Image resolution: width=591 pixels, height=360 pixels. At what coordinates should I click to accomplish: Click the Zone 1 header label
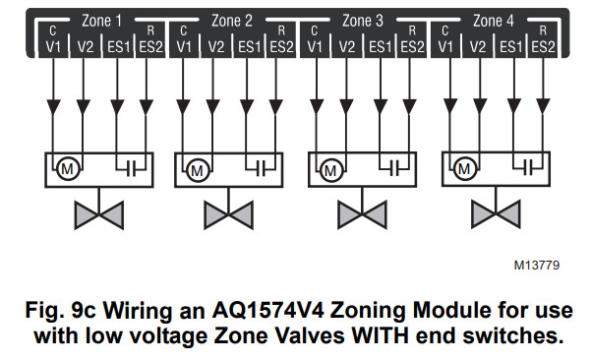[x=99, y=20]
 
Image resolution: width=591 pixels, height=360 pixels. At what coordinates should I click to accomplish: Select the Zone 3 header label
[x=363, y=20]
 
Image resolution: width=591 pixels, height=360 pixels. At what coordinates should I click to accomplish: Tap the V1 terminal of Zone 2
[x=184, y=46]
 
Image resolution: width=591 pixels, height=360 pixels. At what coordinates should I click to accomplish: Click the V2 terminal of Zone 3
[x=347, y=46]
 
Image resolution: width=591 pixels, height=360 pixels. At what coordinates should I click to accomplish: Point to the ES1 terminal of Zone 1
[x=117, y=46]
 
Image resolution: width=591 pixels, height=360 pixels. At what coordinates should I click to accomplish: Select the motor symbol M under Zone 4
[x=464, y=168]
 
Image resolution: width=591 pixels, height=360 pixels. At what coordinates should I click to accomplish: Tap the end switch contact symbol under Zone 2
[x=261, y=168]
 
